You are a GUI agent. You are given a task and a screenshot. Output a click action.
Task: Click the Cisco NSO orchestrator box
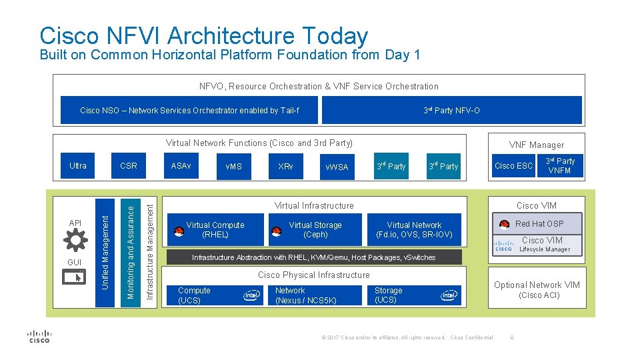point(189,111)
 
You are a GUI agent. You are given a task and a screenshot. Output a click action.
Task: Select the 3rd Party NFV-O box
point(451,111)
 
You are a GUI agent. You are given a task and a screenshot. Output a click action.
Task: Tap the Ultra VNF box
point(78,166)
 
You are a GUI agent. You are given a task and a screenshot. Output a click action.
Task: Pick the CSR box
point(129,166)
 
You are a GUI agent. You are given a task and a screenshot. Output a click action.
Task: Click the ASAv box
point(181,166)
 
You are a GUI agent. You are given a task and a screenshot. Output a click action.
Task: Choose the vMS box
point(234,166)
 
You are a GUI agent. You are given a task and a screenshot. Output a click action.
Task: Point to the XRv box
point(285,166)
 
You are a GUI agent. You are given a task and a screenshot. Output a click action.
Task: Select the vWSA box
point(337,166)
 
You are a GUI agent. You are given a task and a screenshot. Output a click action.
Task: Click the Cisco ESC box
point(513,166)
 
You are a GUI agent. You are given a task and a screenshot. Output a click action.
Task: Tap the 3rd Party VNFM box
point(559,166)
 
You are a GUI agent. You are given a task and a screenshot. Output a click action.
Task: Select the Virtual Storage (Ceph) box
point(315,230)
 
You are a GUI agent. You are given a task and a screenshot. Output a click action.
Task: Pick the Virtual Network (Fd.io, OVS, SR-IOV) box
point(414,230)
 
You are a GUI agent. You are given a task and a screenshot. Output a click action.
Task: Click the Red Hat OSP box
point(539,224)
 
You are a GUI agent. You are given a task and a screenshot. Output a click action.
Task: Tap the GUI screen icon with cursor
point(75,275)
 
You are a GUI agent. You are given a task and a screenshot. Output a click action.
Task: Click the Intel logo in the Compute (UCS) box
point(252,295)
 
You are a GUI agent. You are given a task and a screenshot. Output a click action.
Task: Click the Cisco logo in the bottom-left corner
point(39,337)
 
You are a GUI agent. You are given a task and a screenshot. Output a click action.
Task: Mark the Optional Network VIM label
point(537,285)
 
